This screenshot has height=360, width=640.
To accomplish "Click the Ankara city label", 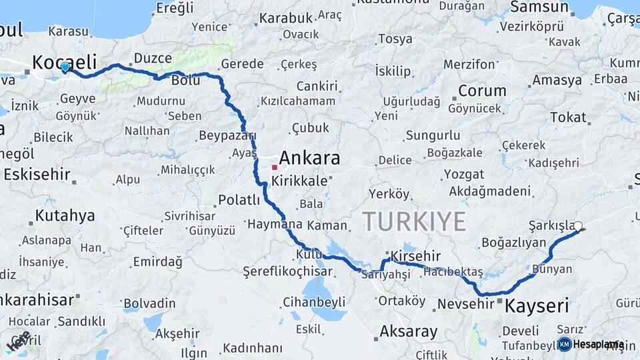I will [309, 158].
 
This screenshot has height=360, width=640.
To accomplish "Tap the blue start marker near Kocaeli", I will [65, 67].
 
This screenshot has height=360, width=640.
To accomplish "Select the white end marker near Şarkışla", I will [578, 226].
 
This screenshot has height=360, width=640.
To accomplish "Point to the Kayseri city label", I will [537, 307].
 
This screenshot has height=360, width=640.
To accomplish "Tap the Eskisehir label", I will [37, 175].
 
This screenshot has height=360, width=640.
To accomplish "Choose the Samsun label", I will [539, 8].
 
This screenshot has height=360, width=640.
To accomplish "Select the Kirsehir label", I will [416, 257].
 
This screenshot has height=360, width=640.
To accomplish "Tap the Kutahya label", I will [65, 216].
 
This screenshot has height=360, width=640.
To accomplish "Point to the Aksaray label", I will [408, 331].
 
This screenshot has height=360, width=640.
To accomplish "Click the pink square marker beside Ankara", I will [274, 167].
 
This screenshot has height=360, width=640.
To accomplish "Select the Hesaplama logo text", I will [598, 345].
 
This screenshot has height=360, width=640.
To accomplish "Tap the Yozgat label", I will [463, 175].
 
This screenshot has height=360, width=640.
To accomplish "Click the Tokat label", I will [567, 118].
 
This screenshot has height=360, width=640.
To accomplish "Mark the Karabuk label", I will [285, 18].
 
